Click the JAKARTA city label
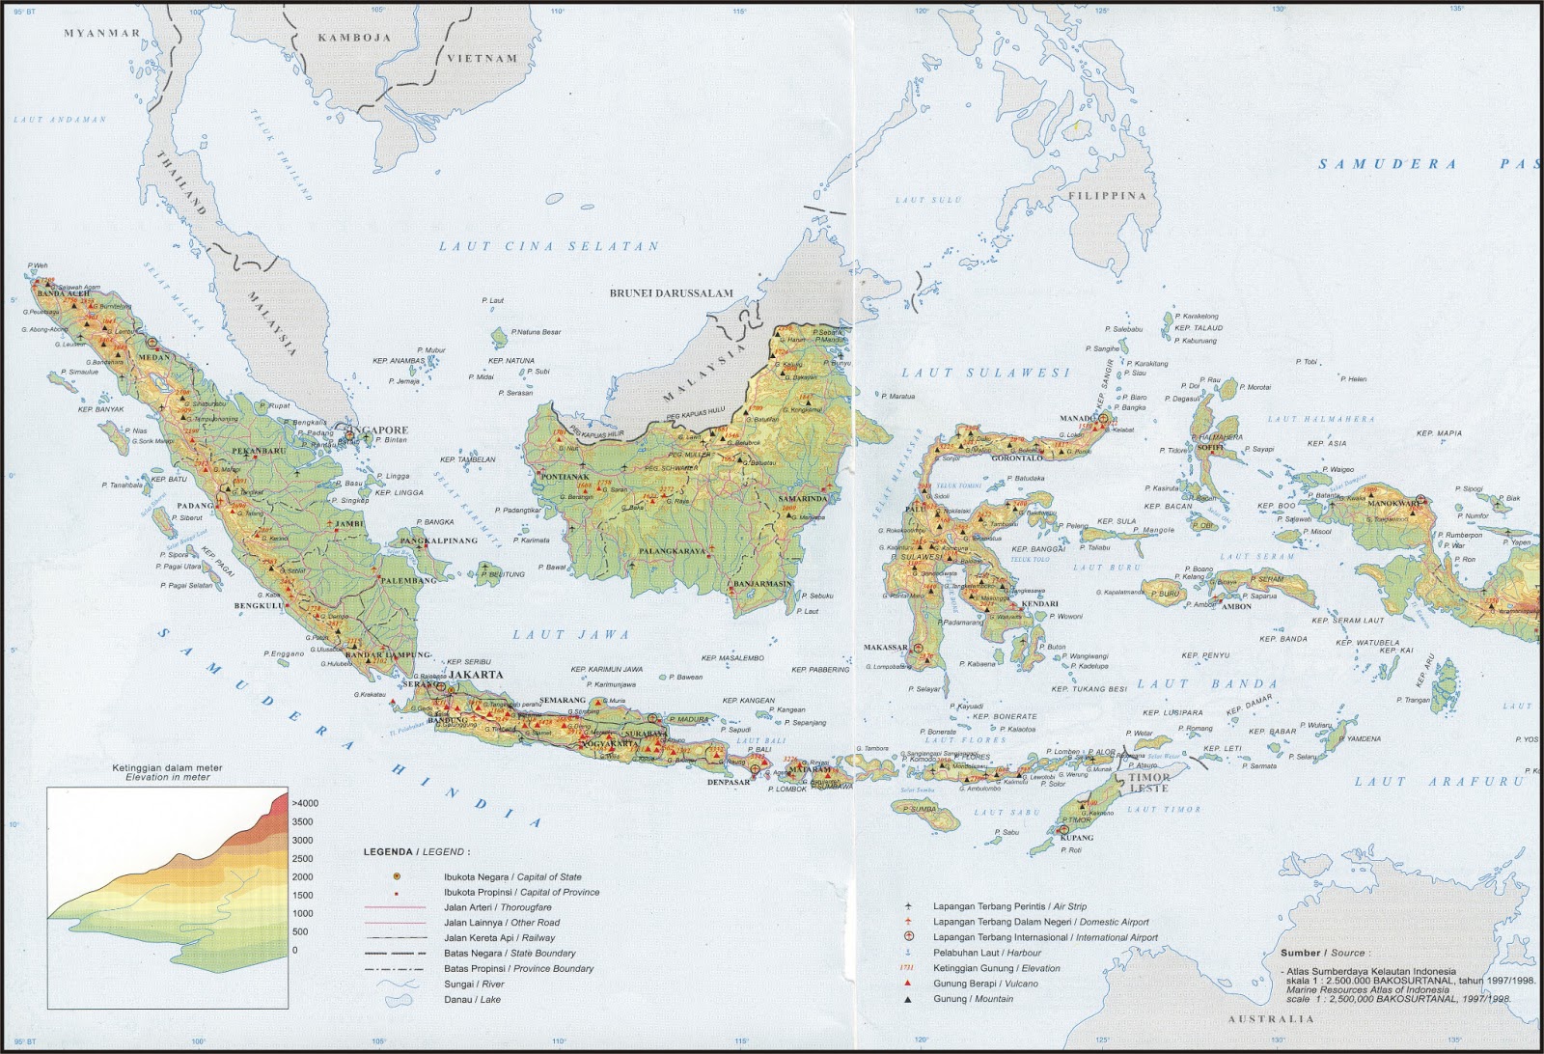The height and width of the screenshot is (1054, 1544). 475,675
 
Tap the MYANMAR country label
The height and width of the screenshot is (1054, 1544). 102,33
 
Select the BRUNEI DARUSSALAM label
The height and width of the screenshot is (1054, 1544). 671,293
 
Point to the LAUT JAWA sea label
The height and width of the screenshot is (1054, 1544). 570,635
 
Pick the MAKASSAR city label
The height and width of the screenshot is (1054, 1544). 885,648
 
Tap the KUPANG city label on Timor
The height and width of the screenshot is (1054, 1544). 1077,838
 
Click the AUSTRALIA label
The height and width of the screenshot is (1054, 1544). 1271,1019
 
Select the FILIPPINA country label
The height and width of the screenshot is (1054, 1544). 1107,196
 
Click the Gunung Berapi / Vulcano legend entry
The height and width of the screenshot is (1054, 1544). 972,984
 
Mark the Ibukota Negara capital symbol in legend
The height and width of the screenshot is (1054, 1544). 396,876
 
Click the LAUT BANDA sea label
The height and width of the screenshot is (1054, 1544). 1207,684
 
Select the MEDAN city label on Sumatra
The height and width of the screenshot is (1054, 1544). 153,356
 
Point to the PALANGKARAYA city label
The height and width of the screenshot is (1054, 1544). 667,551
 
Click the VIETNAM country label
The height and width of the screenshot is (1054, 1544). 482,58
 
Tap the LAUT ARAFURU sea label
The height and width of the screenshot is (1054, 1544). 1438,781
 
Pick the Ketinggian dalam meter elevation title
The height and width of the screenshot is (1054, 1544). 167,768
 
